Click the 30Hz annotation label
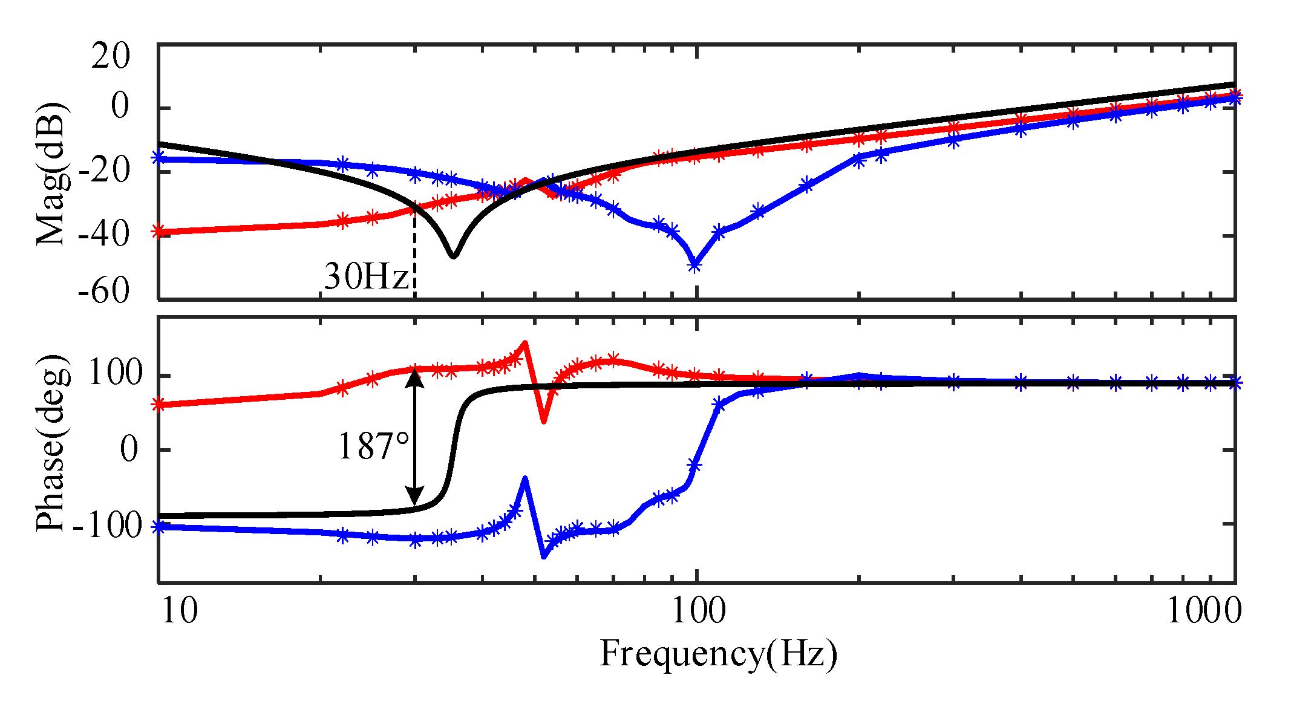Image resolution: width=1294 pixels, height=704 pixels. pyautogui.click(x=367, y=277)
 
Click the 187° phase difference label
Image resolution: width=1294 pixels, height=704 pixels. pyautogui.click(x=373, y=447)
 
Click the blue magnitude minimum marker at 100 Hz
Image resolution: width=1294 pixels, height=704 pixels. pyautogui.click(x=695, y=264)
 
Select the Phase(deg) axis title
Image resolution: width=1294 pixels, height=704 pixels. pyautogui.click(x=51, y=443)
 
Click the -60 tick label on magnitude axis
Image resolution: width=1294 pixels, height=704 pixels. pyautogui.click(x=103, y=292)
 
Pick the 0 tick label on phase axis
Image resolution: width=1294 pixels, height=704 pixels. pyautogui.click(x=129, y=449)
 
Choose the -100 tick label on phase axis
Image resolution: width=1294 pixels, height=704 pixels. pyautogui.click(x=107, y=524)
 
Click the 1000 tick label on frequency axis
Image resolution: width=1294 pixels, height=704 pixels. pyautogui.click(x=1203, y=610)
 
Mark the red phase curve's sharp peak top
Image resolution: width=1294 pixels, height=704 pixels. pyautogui.click(x=524, y=343)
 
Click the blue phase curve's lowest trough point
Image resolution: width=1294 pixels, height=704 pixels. pyautogui.click(x=543, y=556)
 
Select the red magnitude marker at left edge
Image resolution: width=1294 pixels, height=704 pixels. pyautogui.click(x=159, y=232)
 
